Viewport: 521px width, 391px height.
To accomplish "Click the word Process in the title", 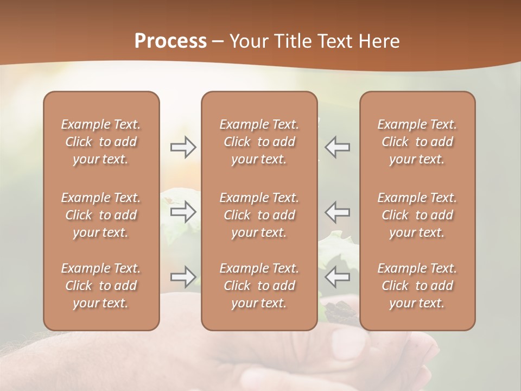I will tap(170, 41).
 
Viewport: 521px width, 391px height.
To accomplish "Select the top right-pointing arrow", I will tap(183, 147).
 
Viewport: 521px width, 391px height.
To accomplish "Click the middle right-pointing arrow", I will tap(183, 212).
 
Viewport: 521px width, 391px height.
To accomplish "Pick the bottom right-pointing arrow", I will tap(183, 277).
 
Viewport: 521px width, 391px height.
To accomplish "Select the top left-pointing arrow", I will tap(338, 147).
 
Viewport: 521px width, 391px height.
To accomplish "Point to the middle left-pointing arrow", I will tap(338, 212).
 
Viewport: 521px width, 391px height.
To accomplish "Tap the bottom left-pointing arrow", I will tap(338, 277).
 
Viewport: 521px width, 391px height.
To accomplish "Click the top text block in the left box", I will tap(101, 142).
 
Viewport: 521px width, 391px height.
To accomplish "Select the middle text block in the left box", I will tap(101, 215).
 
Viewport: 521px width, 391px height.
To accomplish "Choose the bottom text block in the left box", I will tap(101, 286).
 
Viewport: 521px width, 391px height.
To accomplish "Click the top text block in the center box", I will tap(259, 142).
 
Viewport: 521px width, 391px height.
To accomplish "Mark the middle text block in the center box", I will tap(259, 215).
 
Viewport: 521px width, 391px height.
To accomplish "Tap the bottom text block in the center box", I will tap(259, 286).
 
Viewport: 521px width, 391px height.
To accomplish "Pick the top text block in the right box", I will tap(417, 142).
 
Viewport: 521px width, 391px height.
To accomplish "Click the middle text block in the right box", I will tap(417, 215).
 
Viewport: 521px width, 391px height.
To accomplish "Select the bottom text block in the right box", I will tap(417, 286).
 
